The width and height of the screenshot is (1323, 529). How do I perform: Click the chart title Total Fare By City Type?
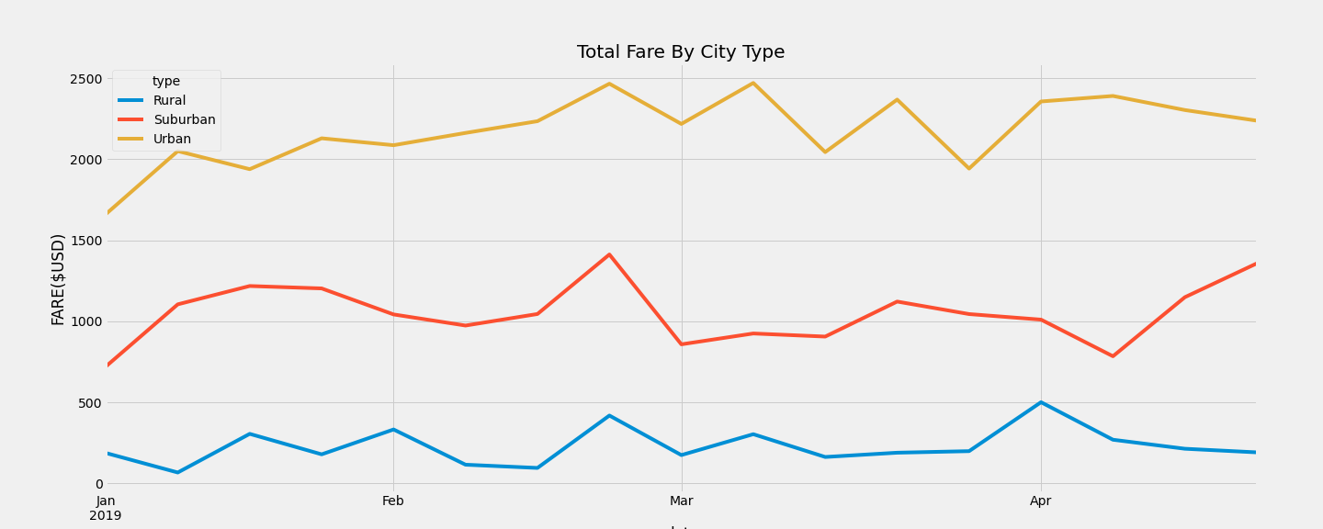[x=680, y=52]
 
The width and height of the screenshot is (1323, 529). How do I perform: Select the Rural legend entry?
[x=169, y=101]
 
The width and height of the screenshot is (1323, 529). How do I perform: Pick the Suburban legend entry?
[x=184, y=120]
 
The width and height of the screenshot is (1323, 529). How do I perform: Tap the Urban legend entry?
[x=172, y=140]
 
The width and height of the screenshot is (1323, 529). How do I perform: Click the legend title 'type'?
[x=166, y=82]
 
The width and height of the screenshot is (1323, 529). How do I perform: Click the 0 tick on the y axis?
[x=99, y=484]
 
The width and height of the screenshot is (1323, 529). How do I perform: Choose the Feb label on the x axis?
[x=393, y=501]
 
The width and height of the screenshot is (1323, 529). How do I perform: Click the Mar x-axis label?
[x=681, y=501]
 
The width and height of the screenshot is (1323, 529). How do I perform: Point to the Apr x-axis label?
[x=1041, y=501]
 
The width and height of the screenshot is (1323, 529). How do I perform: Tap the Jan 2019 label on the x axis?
[x=106, y=508]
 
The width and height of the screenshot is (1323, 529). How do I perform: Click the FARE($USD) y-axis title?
[x=58, y=279]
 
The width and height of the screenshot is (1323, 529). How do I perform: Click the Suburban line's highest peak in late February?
[x=609, y=254]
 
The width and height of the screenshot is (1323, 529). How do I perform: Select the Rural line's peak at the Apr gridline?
[x=1041, y=402]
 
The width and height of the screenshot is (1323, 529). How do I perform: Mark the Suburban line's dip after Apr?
[x=1113, y=356]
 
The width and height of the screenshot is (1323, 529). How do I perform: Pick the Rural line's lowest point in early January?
[x=177, y=472]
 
